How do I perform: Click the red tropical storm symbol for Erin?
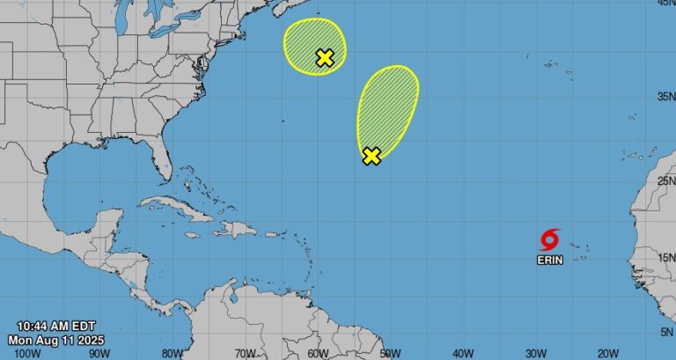(x=550, y=239)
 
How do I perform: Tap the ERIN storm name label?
(x=549, y=260)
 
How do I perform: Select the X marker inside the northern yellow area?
(x=325, y=58)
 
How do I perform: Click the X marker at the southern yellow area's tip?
(x=371, y=156)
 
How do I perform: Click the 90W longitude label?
(x=99, y=353)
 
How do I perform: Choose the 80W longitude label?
(x=172, y=353)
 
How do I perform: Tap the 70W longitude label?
(x=245, y=353)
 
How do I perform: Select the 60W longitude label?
(x=318, y=353)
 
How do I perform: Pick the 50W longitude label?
(x=390, y=353)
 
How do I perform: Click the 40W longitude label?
(x=463, y=353)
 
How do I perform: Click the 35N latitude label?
(x=664, y=96)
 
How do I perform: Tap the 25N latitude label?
(x=664, y=180)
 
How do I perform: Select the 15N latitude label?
(x=664, y=257)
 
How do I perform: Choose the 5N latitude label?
(x=666, y=331)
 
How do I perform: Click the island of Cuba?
(x=176, y=209)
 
